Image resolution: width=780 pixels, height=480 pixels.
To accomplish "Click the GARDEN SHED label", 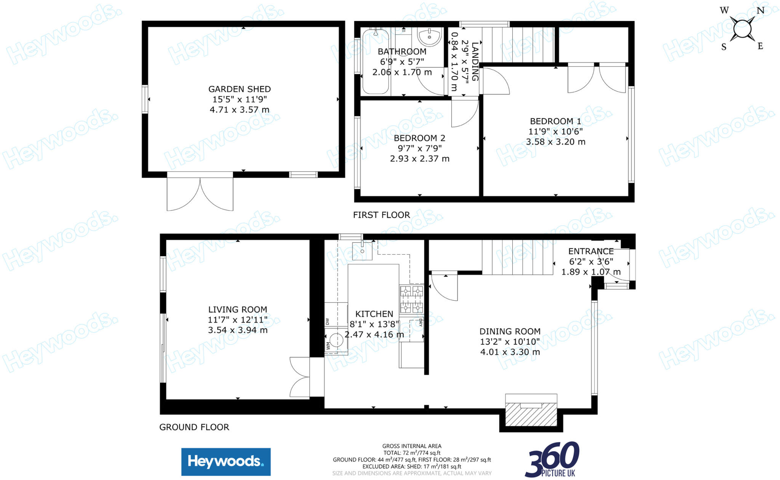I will [239, 89].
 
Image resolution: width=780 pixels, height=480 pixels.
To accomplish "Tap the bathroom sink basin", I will [430, 37].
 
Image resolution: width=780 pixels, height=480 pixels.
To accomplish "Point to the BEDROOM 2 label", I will [419, 138].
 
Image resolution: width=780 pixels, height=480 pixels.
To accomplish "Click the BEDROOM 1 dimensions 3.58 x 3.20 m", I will [555, 142].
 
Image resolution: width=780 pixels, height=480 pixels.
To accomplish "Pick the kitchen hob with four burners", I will [411, 299].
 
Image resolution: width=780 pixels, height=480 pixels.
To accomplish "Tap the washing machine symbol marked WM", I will [336, 340].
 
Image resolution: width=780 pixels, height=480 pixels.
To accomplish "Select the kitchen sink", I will [362, 251].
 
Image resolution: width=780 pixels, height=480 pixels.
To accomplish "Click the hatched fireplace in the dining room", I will [531, 415].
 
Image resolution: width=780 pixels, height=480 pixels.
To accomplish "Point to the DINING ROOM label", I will [510, 332].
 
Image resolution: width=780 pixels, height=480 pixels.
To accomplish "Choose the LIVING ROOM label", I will [237, 310].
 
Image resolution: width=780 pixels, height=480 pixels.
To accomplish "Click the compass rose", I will [742, 29].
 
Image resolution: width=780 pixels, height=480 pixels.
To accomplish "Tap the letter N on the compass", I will [760, 11].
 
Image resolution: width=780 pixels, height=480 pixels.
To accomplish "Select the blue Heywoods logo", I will [226, 462].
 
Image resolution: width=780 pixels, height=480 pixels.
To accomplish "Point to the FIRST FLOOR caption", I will [381, 215].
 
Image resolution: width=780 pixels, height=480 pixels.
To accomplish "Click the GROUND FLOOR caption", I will [194, 427].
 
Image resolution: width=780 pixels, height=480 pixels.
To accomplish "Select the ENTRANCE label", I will [591, 251].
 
